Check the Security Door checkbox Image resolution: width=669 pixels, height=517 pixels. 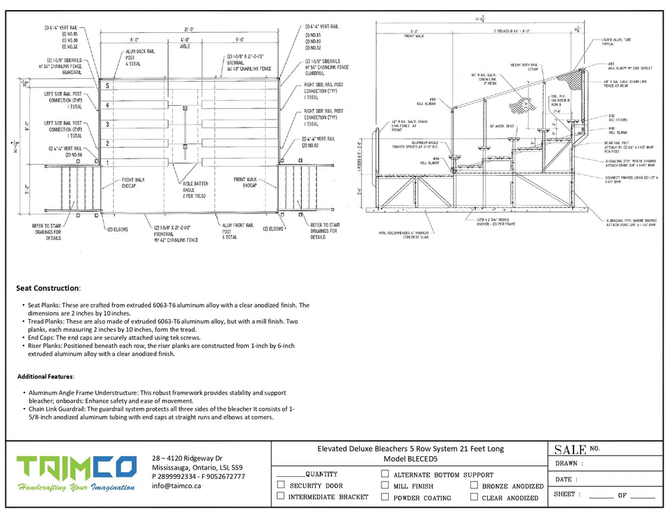click(281, 485)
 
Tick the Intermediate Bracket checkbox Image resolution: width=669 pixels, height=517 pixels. click(281, 496)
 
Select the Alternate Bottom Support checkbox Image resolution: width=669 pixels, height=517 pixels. click(385, 474)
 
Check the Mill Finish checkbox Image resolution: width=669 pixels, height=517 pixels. click(385, 486)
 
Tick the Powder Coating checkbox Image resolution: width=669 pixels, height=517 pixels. click(385, 497)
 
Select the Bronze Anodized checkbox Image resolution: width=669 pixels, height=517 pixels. click(474, 486)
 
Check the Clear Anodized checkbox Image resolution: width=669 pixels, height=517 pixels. click(474, 497)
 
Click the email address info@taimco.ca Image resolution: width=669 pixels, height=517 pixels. click(177, 486)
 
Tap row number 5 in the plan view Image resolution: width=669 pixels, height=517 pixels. click(106, 86)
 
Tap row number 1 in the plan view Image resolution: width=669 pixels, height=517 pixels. click(106, 163)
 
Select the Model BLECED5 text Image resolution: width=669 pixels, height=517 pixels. click(410, 459)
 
